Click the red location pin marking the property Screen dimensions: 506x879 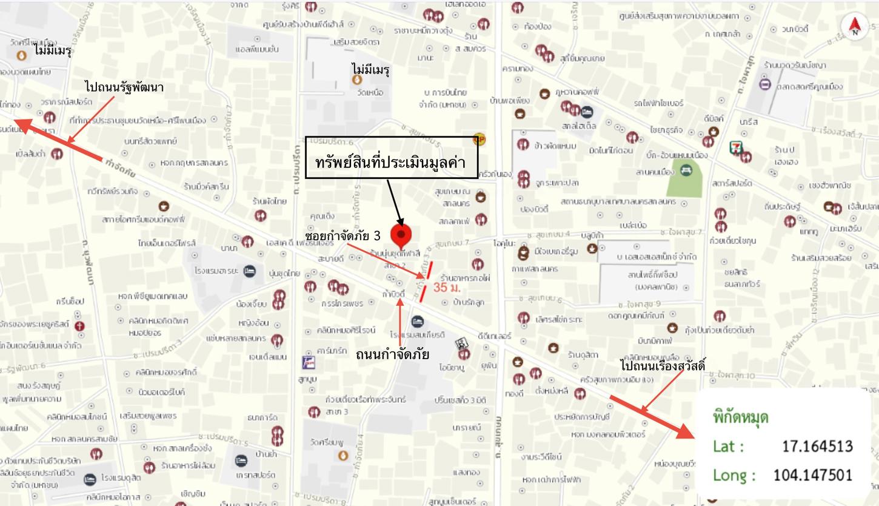point(401,235)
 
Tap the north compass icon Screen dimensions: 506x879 point(855,25)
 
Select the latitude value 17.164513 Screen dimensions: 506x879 point(817,447)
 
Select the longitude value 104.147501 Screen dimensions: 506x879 point(813,474)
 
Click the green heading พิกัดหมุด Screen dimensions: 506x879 point(740,418)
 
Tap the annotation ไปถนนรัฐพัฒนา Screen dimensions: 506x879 point(124,87)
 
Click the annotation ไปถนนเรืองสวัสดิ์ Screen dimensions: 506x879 point(663,366)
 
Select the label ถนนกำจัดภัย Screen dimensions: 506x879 point(393,354)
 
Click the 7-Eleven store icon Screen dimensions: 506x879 point(736,147)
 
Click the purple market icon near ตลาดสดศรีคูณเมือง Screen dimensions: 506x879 point(765,85)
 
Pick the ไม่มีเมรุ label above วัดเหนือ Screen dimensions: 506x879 point(370,70)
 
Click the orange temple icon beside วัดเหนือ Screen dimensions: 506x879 point(357,79)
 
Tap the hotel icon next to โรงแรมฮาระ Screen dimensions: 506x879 point(249,271)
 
